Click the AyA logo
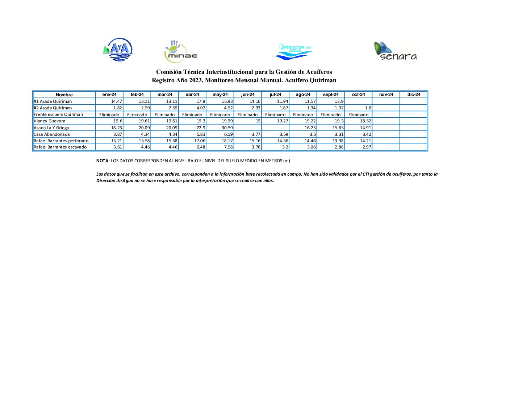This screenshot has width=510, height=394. pyautogui.click(x=118, y=50)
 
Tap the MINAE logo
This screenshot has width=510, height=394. pyautogui.click(x=180, y=52)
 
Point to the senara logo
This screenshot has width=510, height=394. pyautogui.click(x=395, y=51)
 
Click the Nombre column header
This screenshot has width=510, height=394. pyautogui.click(x=64, y=95)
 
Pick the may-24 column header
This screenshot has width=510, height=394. pyautogui.click(x=220, y=95)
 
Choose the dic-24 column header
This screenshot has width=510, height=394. pyautogui.click(x=414, y=95)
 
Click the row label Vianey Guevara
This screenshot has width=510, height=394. pyautogui.click(x=50, y=121)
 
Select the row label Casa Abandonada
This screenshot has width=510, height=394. pyautogui.click(x=52, y=134)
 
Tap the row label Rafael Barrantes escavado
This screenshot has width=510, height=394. pyautogui.click(x=60, y=147)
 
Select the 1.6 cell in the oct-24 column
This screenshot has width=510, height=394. pyautogui.click(x=368, y=108)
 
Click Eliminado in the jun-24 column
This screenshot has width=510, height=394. pyautogui.click(x=248, y=115)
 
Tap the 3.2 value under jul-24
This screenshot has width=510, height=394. pyautogui.click(x=285, y=147)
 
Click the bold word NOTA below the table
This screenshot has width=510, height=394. pyautogui.click(x=103, y=161)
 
